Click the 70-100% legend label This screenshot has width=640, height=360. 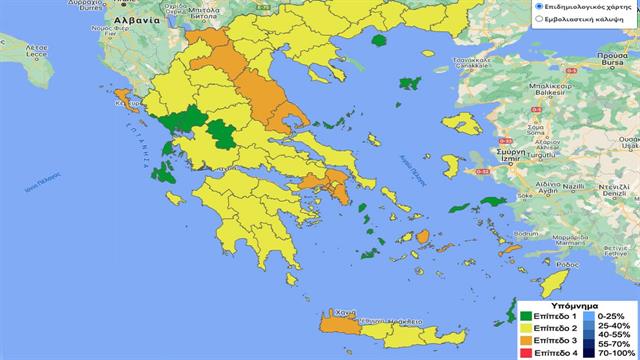tap(614, 353)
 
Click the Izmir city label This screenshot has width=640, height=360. tap(514, 160)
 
